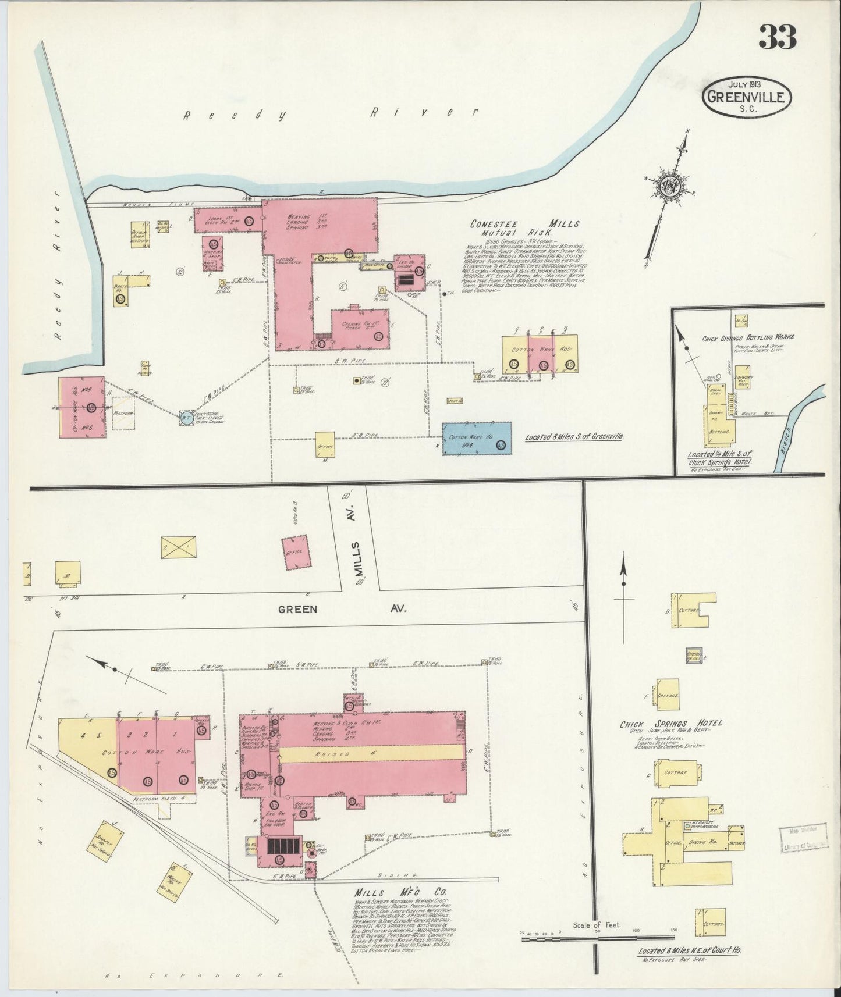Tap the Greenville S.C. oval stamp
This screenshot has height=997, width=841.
[x=748, y=95]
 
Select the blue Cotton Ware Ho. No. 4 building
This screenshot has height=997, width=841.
[x=477, y=439]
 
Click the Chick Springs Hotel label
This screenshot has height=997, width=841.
[x=670, y=723]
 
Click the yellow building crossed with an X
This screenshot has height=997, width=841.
[x=178, y=547]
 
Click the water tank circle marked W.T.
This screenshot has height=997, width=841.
[x=185, y=416]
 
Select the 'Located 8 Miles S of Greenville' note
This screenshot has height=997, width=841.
[x=573, y=436]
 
